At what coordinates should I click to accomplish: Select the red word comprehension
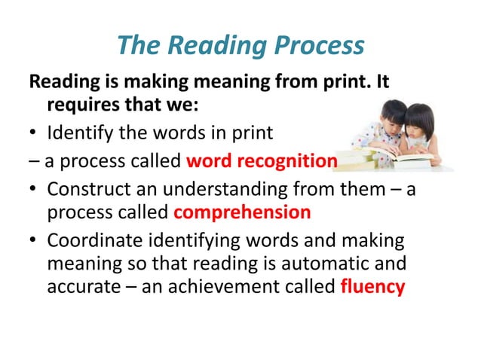242,212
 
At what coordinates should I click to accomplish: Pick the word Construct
84,188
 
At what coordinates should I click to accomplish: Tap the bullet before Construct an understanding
34,188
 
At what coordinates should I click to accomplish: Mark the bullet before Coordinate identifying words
34,240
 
